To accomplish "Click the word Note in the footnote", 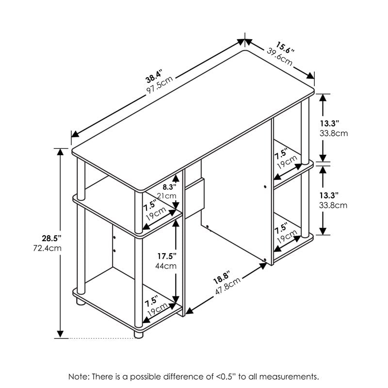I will (78, 376).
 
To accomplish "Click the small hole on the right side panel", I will (266, 186).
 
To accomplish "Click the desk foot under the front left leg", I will (138, 334).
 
